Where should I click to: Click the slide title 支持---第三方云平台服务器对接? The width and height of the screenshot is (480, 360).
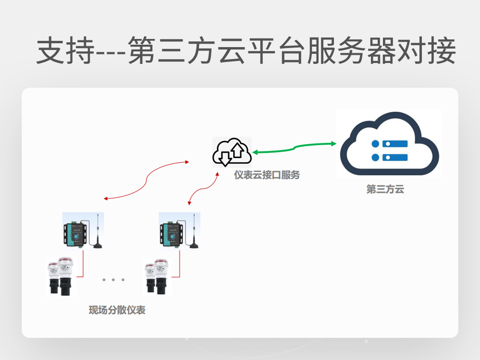(x=246, y=51)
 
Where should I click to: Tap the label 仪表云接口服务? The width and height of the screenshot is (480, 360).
(x=267, y=175)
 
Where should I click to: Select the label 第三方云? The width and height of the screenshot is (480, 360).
(x=385, y=189)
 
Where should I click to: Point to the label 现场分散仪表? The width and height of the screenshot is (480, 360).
(x=117, y=310)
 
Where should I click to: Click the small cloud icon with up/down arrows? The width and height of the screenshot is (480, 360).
(x=232, y=152)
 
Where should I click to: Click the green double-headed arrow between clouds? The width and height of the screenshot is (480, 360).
(x=294, y=148)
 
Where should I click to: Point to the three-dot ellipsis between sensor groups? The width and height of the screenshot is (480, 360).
(x=113, y=279)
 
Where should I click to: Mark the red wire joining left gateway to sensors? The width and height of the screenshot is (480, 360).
(x=83, y=264)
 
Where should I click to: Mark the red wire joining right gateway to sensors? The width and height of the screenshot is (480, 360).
(x=179, y=264)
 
